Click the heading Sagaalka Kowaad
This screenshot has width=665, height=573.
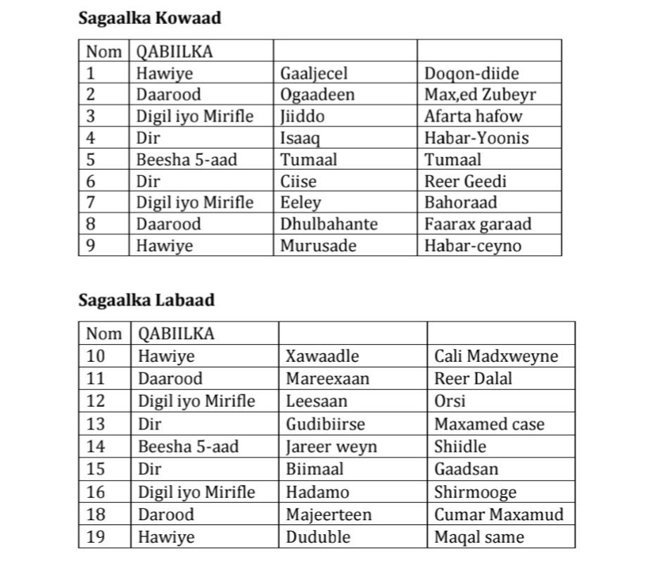click(x=149, y=18)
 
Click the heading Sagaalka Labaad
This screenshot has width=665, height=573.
click(x=146, y=300)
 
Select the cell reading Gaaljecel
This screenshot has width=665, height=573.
click(x=314, y=73)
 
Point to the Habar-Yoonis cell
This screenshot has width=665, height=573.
click(x=476, y=138)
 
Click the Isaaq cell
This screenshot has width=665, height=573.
click(x=300, y=138)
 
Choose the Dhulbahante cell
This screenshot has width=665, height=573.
click(x=329, y=224)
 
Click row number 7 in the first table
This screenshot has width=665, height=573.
click(x=91, y=203)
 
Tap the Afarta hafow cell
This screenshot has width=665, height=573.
click(x=473, y=116)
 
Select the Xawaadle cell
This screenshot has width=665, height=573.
click(x=322, y=356)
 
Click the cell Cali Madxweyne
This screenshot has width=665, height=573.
click(x=495, y=356)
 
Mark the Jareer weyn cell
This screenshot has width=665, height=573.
click(x=331, y=446)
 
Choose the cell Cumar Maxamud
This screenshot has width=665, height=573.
click(x=498, y=515)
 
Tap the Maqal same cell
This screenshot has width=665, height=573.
click(x=479, y=537)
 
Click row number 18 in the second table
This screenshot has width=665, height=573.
click(x=95, y=515)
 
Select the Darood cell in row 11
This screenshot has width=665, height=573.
click(x=170, y=379)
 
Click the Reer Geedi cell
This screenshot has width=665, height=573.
click(x=465, y=181)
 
